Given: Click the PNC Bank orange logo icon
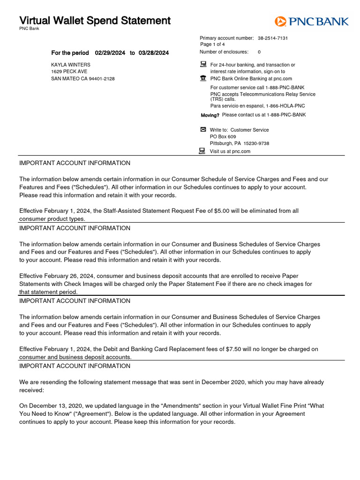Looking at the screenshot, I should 280,21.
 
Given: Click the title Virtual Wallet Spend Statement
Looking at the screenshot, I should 95,21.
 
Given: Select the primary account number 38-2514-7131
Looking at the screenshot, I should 273,38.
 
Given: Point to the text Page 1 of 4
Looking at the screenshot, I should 212,45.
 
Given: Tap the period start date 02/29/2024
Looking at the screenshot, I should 110,53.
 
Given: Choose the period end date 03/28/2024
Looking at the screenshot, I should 154,53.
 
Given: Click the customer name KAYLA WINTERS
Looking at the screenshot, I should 71,65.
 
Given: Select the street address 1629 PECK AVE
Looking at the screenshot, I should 69,72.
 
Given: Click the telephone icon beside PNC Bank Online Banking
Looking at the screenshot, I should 203,78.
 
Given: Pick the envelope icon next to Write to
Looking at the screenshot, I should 203,129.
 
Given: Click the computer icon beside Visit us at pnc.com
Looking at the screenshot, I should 202,150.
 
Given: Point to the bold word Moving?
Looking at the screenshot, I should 210,115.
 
